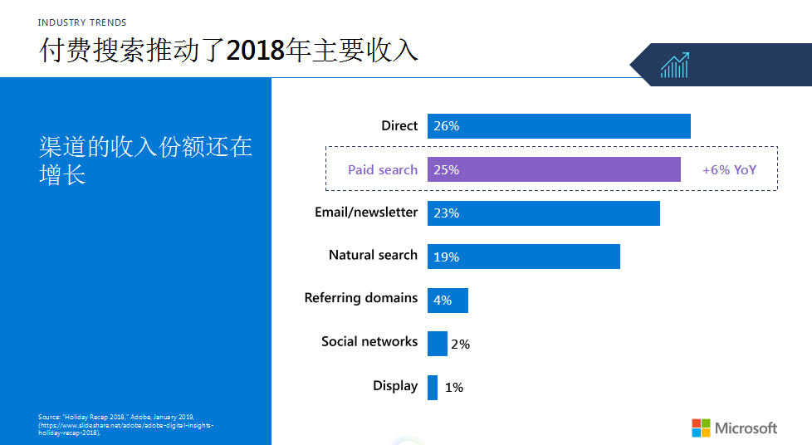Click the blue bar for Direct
pos(559,126)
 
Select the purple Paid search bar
pos(554,169)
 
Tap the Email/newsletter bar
pos(543,213)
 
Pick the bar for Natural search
pos(523,257)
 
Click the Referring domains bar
pos(448,301)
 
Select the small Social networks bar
pos(437,344)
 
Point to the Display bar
pos(433,387)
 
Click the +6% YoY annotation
pos(729,169)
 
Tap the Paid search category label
pos(382,169)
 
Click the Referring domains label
pos(360,297)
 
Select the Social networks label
pos(369,341)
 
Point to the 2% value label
pos(460,344)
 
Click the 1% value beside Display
pos(453,387)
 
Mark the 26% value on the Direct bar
pos(446,126)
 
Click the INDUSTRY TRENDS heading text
pos(82,22)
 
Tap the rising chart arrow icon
pos(674,66)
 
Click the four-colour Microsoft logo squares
pos(702,428)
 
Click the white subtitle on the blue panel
pos(145,160)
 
